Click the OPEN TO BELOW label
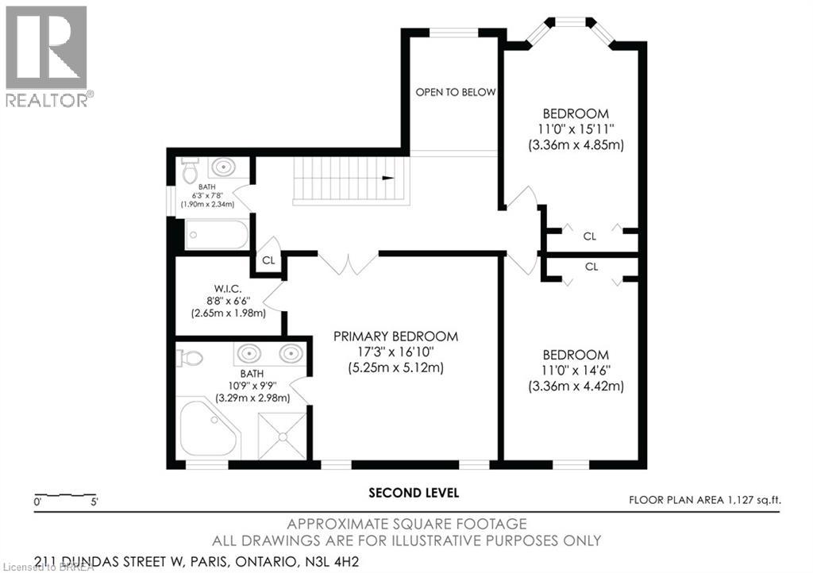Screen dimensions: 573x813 pyautogui.click(x=456, y=92)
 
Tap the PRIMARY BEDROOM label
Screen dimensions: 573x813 pyautogui.click(x=395, y=336)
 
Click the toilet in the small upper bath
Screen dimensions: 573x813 pyautogui.click(x=190, y=171)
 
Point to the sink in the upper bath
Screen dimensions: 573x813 pyautogui.click(x=223, y=167)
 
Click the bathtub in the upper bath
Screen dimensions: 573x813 pyautogui.click(x=216, y=234)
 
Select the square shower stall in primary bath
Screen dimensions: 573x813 pyautogui.click(x=282, y=434)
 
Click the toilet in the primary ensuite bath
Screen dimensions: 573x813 pyautogui.click(x=191, y=359)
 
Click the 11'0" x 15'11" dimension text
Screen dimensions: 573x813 pyautogui.click(x=576, y=129)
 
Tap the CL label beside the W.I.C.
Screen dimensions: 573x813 pyautogui.click(x=269, y=260)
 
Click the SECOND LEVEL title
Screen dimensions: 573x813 pyautogui.click(x=414, y=493)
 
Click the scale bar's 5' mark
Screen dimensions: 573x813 pyautogui.click(x=94, y=502)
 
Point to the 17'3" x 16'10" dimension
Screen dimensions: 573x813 pyautogui.click(x=395, y=352)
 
